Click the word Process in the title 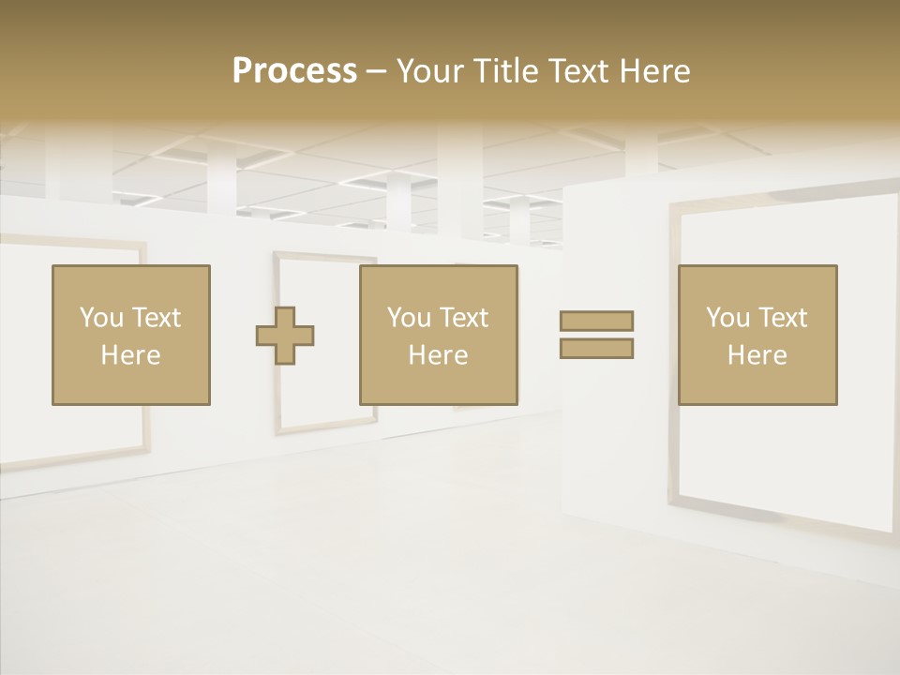pyautogui.click(x=294, y=71)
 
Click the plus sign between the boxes pyautogui.click(x=285, y=335)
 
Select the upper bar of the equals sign pyautogui.click(x=596, y=321)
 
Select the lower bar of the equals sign pyautogui.click(x=596, y=348)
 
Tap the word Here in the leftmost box pyautogui.click(x=131, y=355)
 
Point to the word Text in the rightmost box pyautogui.click(x=783, y=318)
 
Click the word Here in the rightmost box pyautogui.click(x=757, y=355)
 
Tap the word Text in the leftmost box pyautogui.click(x=157, y=318)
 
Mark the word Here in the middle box pyautogui.click(x=439, y=355)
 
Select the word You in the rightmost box pyautogui.click(x=727, y=318)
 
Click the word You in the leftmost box pyautogui.click(x=101, y=318)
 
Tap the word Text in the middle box pyautogui.click(x=464, y=318)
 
